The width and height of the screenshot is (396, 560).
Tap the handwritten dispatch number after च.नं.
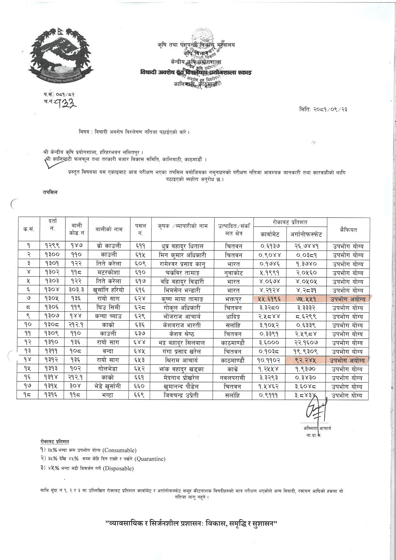65,102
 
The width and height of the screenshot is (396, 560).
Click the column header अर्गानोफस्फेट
306,234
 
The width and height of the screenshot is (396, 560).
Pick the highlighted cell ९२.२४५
306,360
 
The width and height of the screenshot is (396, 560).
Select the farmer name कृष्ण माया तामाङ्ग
182,299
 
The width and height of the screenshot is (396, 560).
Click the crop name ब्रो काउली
109,246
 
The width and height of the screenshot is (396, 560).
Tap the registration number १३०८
52,325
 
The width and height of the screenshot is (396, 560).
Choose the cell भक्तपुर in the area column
233,299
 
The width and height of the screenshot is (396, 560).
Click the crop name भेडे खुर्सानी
109,387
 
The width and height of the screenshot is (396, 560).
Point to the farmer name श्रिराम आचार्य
182,360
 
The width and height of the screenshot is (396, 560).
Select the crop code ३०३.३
76,290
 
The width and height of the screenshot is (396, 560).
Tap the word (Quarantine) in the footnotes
150,459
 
